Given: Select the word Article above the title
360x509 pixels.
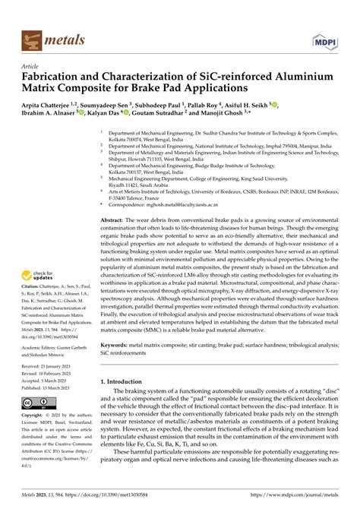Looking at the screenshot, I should [30, 67].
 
